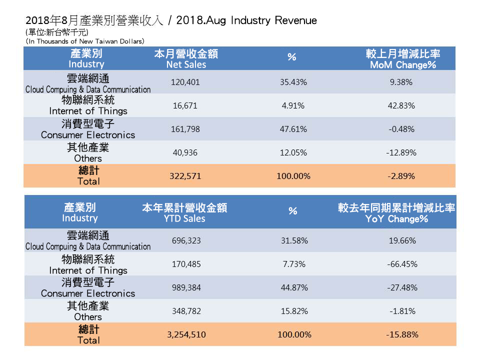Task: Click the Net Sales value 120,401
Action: click(185, 82)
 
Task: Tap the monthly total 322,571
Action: click(185, 176)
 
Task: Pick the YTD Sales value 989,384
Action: click(185, 288)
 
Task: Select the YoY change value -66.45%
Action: click(402, 264)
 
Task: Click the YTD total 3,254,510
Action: click(185, 334)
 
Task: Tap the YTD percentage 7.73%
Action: click(293, 264)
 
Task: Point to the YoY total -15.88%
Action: click(402, 334)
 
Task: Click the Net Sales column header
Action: click(185, 59)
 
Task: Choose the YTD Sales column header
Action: click(184, 213)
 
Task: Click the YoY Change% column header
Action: click(396, 213)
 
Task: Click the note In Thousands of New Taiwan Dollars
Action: click(85, 41)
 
